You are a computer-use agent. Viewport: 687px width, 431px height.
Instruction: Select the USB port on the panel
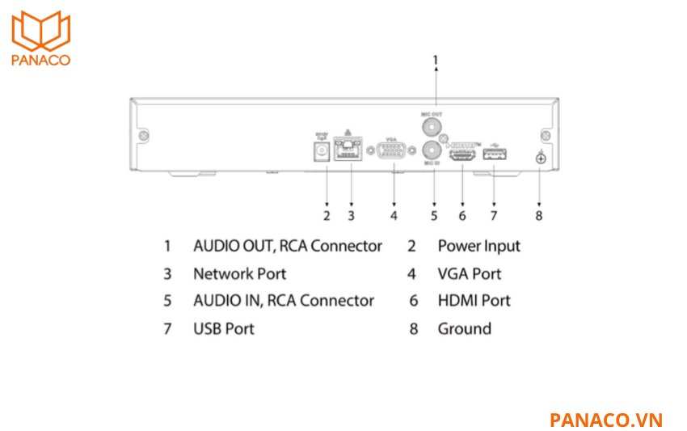494,154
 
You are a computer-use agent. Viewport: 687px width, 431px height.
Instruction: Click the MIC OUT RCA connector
432,127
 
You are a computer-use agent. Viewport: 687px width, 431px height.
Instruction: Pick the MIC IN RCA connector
432,150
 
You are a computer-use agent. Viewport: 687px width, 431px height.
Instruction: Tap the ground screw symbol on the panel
540,158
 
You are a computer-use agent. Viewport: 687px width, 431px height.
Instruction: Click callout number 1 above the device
436,59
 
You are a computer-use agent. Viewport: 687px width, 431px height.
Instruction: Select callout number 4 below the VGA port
394,216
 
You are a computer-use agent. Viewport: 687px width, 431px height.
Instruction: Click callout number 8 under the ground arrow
539,216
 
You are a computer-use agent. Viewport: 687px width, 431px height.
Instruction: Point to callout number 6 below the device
462,216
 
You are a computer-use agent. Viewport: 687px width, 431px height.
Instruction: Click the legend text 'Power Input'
478,246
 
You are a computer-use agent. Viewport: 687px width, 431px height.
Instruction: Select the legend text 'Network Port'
239,273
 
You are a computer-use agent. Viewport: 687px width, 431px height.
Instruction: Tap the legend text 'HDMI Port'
474,301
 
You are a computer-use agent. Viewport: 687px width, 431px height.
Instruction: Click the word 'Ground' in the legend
464,328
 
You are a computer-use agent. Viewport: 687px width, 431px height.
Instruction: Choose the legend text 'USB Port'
223,328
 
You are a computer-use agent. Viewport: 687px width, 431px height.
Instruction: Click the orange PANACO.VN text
605,420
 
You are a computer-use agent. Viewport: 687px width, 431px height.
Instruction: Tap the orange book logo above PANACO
41,31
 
